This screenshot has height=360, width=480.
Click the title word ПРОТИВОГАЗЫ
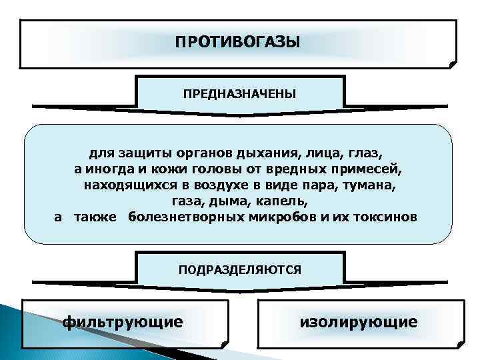click(238, 43)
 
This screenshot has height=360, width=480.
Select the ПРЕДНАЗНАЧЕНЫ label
click(239, 93)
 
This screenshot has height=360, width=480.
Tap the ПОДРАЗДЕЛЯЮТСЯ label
click(239, 269)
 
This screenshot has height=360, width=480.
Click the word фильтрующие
click(122, 322)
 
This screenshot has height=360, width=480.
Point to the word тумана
click(367, 183)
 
